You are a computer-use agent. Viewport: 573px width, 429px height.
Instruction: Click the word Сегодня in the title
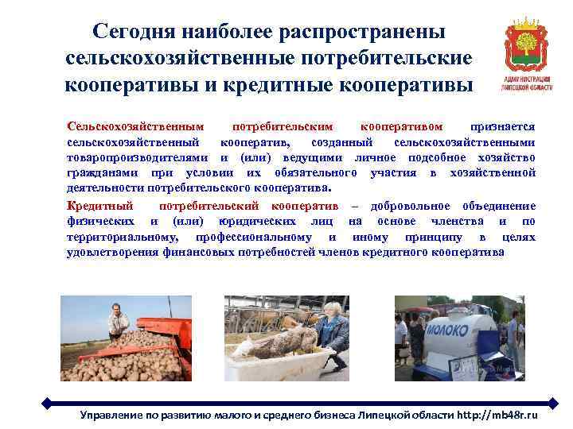click(x=135, y=32)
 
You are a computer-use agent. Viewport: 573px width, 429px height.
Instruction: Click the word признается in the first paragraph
click(x=502, y=127)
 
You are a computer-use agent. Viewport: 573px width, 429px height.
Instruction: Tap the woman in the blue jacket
click(x=329, y=333)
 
